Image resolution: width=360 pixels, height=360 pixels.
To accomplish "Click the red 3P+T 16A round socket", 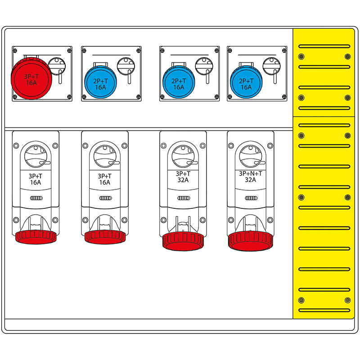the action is pos(31,78).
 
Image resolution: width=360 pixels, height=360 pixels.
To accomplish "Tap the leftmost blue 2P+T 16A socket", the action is pos(100,82).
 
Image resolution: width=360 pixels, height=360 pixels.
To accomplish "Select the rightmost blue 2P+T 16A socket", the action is pos(246,82).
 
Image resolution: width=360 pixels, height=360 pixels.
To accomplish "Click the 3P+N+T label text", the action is pos(251,174).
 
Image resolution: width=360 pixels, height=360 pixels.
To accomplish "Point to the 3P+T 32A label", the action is pos(183,177).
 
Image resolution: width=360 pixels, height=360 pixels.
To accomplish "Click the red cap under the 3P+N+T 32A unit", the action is pos(251,241).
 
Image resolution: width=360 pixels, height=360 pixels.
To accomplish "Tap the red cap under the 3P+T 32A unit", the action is pos(183,241).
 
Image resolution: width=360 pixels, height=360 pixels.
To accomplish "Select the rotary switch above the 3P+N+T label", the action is pos(251,156).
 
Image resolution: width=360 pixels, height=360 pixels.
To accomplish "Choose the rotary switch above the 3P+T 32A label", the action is pos(183,156).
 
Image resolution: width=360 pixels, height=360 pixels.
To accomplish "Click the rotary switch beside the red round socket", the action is pos(57,66).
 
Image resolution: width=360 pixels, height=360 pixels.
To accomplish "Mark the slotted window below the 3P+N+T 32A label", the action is pos(251,198).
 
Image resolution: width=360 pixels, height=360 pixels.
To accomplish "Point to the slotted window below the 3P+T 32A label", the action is pos(184,198).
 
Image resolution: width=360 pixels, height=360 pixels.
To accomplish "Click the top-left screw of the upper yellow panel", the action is pos(301,57).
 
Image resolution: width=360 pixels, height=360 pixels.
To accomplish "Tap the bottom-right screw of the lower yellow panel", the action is pos(347,300).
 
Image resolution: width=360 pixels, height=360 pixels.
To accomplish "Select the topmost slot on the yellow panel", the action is pos(324,46).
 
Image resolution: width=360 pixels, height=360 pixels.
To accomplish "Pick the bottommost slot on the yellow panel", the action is pos(324,310).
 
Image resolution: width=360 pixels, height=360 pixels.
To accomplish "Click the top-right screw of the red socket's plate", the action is pos(69,50).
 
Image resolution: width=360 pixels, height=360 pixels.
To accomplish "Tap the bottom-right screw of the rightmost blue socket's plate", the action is pos(284,97).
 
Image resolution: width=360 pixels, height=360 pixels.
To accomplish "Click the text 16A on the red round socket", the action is pos(31,83).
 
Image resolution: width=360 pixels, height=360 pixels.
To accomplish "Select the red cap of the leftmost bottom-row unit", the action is pos(36,237).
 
